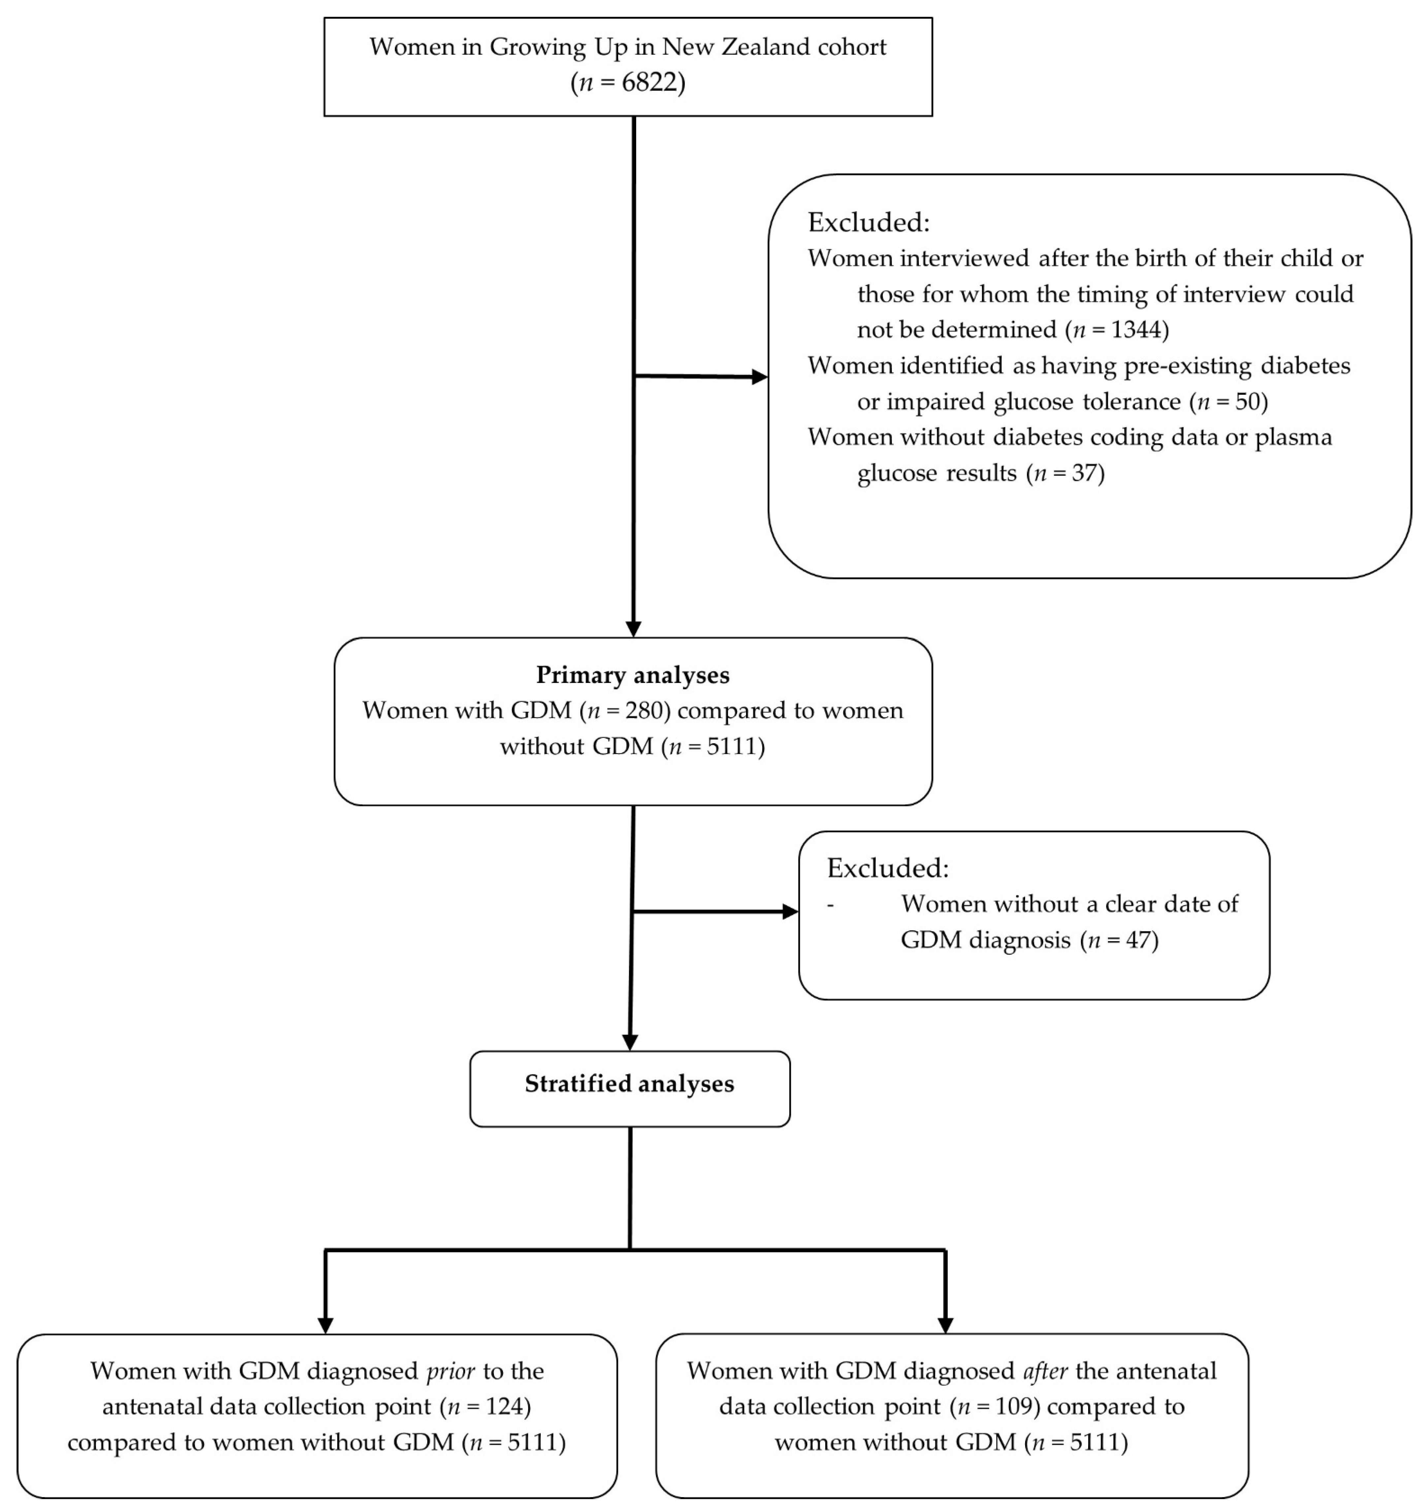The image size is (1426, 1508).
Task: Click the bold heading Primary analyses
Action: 632,675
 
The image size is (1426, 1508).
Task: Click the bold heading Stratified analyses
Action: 630,1083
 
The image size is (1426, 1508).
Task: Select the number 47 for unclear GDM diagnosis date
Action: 1138,940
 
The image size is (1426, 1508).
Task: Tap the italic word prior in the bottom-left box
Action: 451,1370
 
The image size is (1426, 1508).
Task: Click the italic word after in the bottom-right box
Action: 1045,1370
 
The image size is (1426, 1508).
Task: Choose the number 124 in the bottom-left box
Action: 502,1406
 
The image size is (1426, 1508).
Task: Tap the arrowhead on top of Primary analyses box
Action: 633,629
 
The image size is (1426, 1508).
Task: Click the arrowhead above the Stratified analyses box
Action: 630,1042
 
